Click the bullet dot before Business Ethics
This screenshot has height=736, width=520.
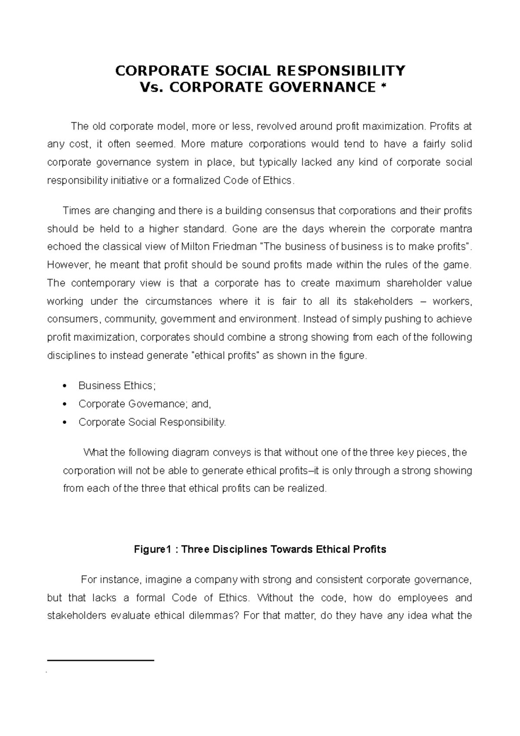[65, 386]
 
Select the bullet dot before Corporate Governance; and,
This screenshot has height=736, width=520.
[65, 404]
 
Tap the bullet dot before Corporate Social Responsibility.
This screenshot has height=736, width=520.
[65, 423]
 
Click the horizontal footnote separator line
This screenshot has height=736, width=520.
[101, 660]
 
